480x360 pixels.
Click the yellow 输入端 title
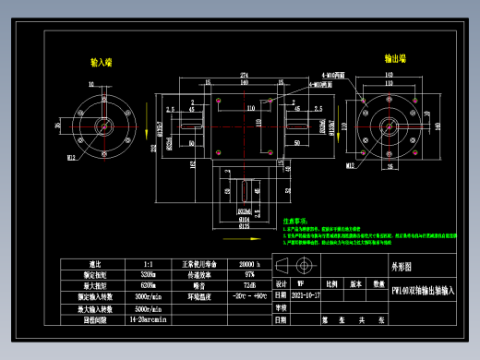click(101, 62)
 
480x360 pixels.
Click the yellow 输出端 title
click(396, 57)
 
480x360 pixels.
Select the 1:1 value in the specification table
click(150, 264)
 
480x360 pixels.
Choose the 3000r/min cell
click(150, 296)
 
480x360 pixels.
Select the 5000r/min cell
click(150, 307)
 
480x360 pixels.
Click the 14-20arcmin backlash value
click(150, 318)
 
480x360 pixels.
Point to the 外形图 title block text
click(392, 265)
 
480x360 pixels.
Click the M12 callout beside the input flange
click(70, 158)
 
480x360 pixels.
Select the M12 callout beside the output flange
click(351, 167)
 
